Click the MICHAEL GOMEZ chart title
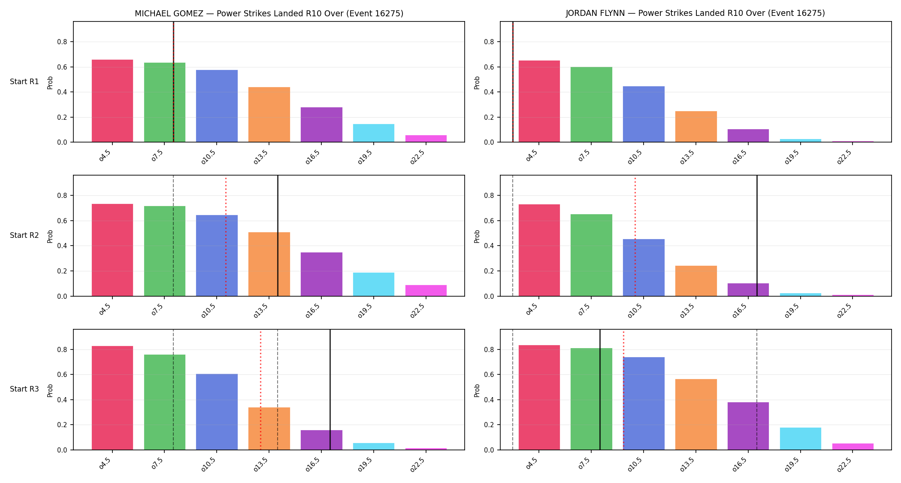point(269,13)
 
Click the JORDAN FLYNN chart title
point(695,13)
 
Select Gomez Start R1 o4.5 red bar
point(112,101)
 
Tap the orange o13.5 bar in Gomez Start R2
point(269,264)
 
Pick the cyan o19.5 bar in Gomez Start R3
point(374,447)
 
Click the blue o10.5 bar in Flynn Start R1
point(644,114)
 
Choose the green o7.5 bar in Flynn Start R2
point(591,255)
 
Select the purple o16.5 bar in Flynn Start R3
point(748,426)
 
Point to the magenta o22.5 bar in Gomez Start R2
point(426,291)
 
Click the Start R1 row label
point(24,82)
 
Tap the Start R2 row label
point(24,235)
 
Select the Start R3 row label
point(24,389)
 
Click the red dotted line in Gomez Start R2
point(226,236)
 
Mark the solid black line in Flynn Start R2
point(757,236)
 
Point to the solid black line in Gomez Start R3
point(330,389)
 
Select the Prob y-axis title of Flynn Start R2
point(477,236)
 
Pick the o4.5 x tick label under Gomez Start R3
point(106,463)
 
